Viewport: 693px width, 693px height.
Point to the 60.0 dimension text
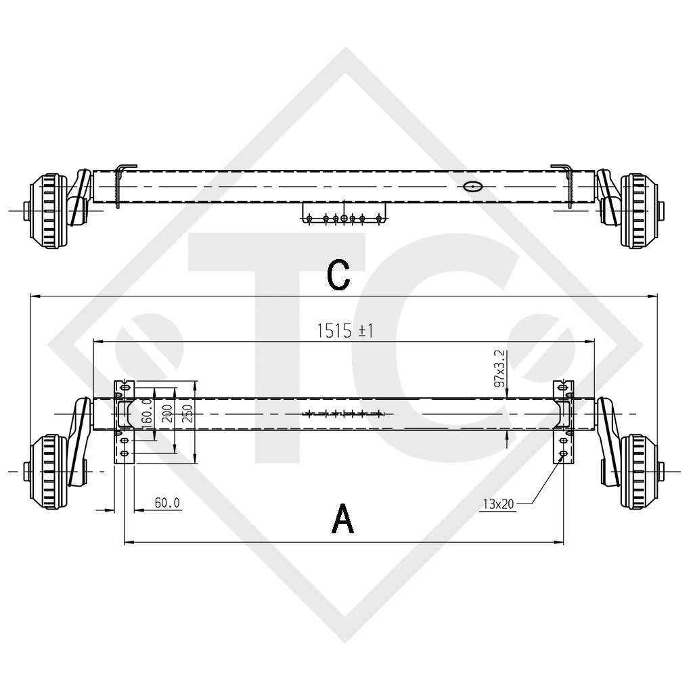coord(167,503)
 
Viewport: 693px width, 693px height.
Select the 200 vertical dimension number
coord(166,413)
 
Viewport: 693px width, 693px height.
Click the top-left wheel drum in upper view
coord(49,211)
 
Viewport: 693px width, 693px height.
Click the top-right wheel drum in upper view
coord(639,211)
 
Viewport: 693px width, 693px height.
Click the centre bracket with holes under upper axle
coord(344,213)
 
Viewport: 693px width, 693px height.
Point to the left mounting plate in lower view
coord(124,422)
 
